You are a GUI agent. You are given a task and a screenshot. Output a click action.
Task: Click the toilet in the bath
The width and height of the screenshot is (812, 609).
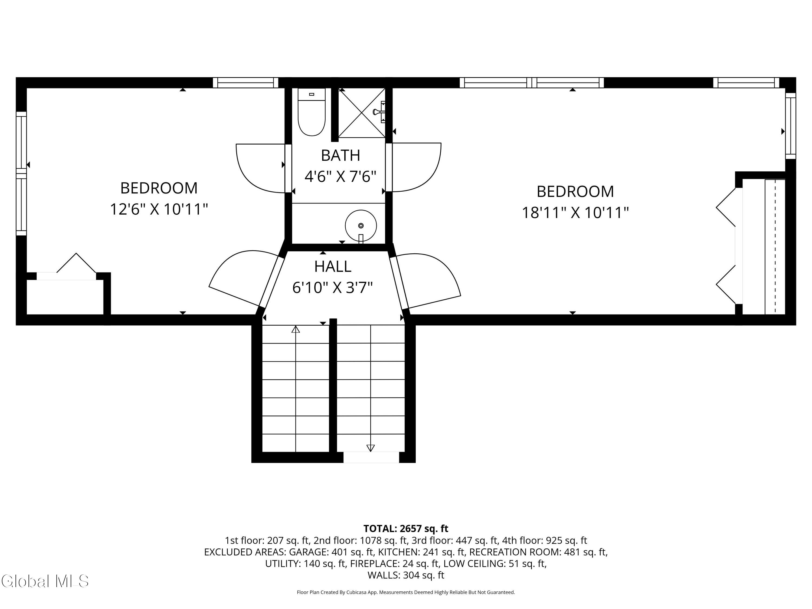click(x=311, y=113)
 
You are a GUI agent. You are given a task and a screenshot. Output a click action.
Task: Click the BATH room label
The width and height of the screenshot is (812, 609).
click(x=340, y=155)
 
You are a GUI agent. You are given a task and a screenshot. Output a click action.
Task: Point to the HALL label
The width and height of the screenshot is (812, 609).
click(x=333, y=267)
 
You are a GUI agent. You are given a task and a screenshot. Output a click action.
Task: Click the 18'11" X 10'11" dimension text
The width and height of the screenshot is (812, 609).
click(x=575, y=212)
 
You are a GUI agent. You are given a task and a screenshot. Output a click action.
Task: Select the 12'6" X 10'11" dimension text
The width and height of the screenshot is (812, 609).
click(x=159, y=209)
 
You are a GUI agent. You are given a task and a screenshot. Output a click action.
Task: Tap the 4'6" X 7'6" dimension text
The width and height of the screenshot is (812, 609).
click(x=340, y=176)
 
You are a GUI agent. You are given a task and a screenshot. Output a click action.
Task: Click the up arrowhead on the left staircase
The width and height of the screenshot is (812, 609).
click(x=296, y=329)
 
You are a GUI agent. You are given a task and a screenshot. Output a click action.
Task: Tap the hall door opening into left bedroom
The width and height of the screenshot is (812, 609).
click(x=242, y=277)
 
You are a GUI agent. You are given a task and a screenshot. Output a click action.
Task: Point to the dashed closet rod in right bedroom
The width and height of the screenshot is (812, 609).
click(x=775, y=246)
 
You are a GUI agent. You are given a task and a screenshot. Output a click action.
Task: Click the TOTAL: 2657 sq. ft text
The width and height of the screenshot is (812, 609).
click(x=406, y=529)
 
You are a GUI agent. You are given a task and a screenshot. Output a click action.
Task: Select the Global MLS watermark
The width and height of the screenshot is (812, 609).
click(x=45, y=581)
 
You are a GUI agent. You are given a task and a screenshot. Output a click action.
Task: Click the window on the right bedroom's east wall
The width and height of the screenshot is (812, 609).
click(x=790, y=126)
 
